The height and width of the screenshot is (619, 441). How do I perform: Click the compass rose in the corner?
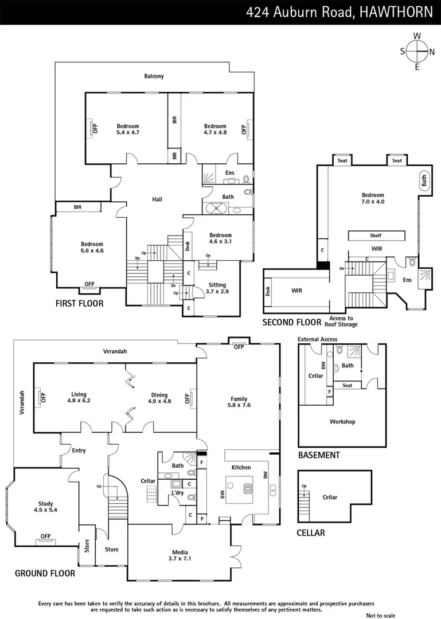pos(417,51)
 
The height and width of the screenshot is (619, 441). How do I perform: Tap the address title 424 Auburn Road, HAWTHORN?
pos(339,12)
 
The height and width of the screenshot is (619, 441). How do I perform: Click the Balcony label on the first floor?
pos(154,76)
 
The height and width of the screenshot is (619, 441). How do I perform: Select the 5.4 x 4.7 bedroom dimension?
pos(128,132)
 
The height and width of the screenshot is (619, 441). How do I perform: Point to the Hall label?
pos(157,199)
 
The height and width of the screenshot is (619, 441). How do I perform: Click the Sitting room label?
pos(217,285)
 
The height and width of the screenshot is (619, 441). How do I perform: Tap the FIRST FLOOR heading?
pos(79,303)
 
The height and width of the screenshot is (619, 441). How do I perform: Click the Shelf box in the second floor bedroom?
pos(376,236)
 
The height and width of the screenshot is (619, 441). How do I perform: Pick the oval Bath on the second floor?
pos(424,181)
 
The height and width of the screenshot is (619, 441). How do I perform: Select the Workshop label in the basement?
pos(342,422)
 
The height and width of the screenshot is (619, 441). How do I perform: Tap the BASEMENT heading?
pos(319,455)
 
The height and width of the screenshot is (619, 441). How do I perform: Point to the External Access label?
pos(317,339)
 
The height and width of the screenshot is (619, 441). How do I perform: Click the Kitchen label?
pos(241,467)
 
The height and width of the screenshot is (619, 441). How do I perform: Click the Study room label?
pos(46,503)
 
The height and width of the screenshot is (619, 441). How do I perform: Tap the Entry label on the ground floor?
pos(79,450)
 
